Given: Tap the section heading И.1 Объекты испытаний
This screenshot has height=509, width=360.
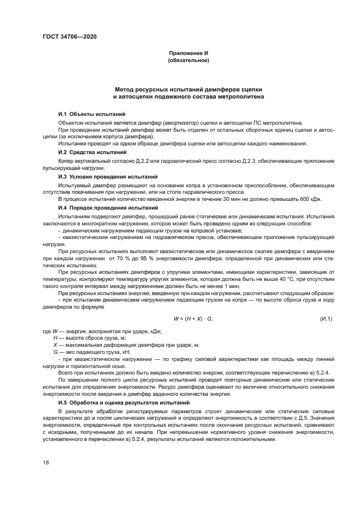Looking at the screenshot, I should click(91, 114).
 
